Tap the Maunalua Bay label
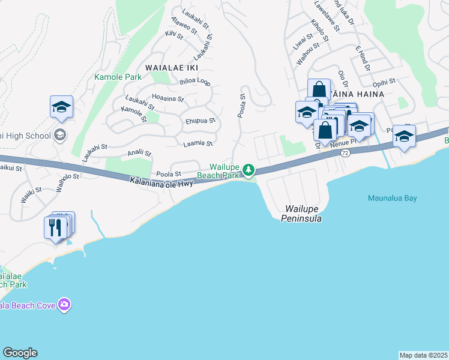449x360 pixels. (x=391, y=198)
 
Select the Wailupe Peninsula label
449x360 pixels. (x=301, y=214)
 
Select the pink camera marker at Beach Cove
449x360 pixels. (x=64, y=305)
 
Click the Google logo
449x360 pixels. (x=20, y=353)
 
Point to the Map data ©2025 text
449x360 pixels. (x=424, y=355)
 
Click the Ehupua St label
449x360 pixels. (x=200, y=120)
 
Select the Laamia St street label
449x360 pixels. (x=197, y=143)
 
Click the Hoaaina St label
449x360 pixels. (x=168, y=97)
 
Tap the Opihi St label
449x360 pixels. (x=384, y=82)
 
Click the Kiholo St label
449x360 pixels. (x=319, y=32)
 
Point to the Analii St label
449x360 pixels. (x=139, y=154)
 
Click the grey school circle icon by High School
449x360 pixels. (x=59, y=135)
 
